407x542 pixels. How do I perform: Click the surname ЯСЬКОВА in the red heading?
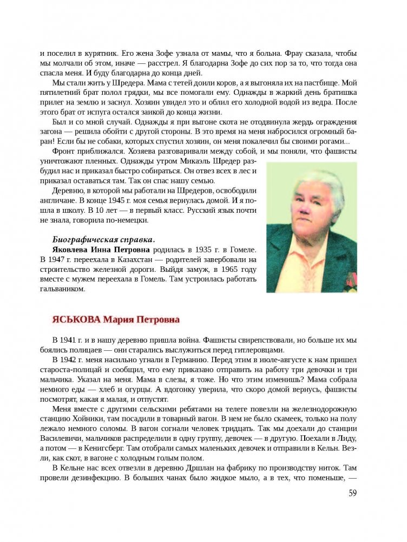(76, 319)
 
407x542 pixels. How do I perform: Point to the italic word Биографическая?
(84, 239)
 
